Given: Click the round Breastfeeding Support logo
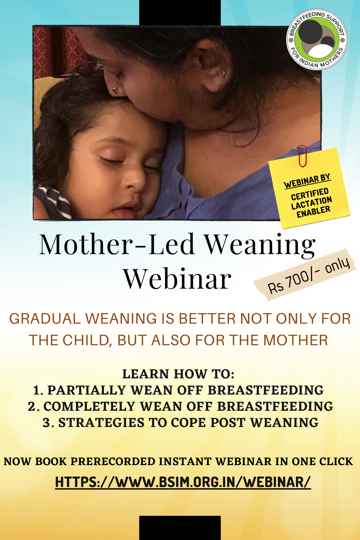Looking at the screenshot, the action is point(316,40).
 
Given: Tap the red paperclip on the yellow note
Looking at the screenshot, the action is point(302,156).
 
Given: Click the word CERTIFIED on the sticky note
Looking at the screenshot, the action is point(310,194).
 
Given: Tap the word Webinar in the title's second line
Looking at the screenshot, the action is point(177,279).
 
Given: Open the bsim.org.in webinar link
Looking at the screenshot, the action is point(183,482).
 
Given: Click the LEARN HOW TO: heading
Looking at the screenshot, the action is point(178,374).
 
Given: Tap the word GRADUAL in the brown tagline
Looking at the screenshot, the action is point(45,319).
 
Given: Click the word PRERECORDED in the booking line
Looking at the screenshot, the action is point(112,462).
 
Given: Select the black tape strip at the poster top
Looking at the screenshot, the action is point(180,13).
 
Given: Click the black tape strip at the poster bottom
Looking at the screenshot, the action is point(180,528).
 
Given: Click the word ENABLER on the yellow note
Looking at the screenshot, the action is point(314,212).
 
